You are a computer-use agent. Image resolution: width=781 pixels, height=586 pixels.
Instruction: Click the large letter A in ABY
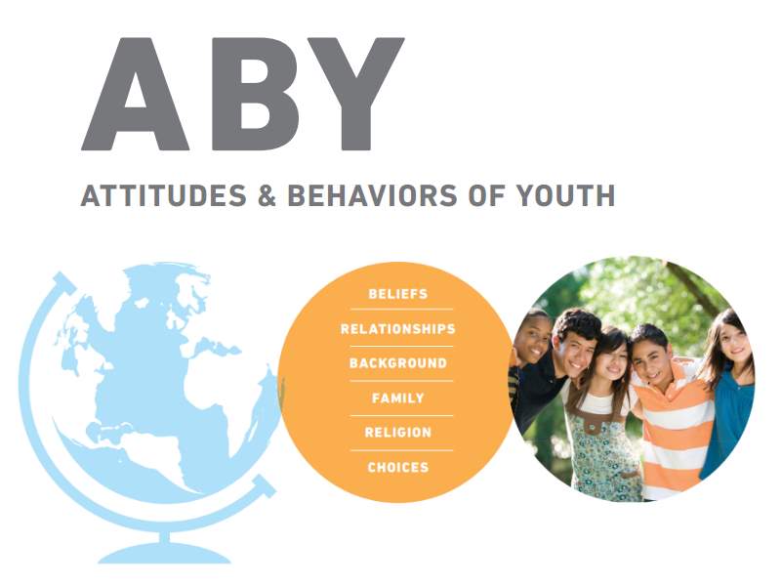(135, 95)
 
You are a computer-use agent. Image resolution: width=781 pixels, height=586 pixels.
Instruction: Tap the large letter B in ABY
(255, 94)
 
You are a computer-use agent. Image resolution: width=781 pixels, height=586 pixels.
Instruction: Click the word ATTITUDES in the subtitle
(163, 195)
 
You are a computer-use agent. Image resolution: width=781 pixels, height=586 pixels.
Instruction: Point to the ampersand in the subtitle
(267, 195)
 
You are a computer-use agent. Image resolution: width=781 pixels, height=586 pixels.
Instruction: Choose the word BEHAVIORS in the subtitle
(373, 195)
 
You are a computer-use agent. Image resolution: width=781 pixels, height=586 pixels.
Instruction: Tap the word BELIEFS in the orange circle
(398, 294)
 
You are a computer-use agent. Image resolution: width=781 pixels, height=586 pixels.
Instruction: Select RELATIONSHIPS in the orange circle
(398, 329)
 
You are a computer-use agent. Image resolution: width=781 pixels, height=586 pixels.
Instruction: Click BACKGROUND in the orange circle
(398, 363)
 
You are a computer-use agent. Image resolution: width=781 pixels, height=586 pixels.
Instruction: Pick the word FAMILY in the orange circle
(398, 398)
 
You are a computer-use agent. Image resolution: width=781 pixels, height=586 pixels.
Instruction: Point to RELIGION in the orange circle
(398, 432)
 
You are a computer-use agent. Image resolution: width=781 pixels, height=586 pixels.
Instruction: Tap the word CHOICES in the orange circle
(398, 468)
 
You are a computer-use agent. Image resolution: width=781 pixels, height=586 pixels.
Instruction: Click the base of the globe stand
(164, 552)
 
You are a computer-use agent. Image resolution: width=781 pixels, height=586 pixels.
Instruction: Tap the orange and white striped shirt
(675, 429)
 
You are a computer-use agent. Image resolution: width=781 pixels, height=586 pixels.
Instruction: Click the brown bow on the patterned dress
(593, 428)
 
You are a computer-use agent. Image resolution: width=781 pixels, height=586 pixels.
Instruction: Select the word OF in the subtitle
(486, 195)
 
